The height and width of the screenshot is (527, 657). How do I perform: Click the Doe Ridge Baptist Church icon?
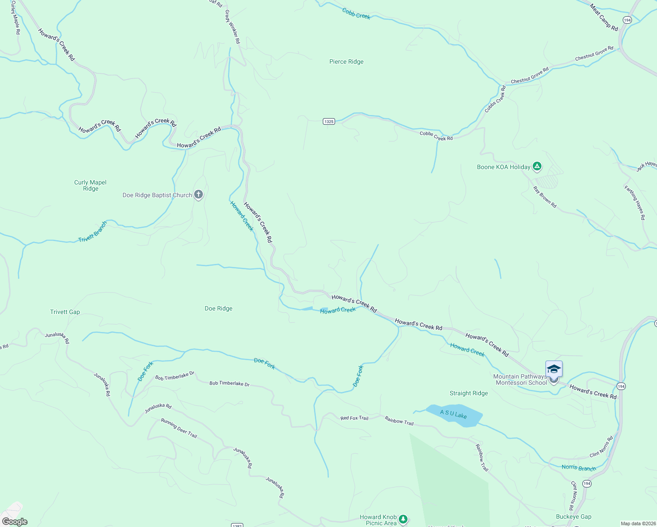coord(199,195)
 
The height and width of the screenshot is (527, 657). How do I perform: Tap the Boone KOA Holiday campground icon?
coord(537,166)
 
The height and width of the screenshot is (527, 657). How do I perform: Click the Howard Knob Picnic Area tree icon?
coord(403,520)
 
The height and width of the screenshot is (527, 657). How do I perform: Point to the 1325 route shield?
coord(329,121)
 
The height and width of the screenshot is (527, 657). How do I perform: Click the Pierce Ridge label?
coord(347,62)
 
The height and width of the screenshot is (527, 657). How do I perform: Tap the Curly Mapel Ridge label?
coord(90,185)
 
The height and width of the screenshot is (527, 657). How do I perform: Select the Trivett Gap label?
coord(65,312)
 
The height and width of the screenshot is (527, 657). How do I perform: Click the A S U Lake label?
coord(454,415)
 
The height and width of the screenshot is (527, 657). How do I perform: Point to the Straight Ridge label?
coord(469,393)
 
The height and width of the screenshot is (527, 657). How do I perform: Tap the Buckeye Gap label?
coord(574,517)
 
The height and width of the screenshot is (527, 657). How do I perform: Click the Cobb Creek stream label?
coord(356,14)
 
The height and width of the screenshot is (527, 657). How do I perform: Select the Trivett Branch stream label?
coord(93,232)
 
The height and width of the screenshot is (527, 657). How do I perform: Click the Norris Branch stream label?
coord(579,468)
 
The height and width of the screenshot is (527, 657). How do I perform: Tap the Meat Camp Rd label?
coord(604,18)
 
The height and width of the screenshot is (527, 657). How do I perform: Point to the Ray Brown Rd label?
coord(545,197)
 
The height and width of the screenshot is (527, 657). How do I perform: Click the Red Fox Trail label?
coord(354,418)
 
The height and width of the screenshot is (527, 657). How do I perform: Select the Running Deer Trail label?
coord(179,428)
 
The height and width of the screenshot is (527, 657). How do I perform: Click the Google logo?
coord(14,522)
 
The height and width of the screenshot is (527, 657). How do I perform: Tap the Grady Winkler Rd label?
coord(232,27)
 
